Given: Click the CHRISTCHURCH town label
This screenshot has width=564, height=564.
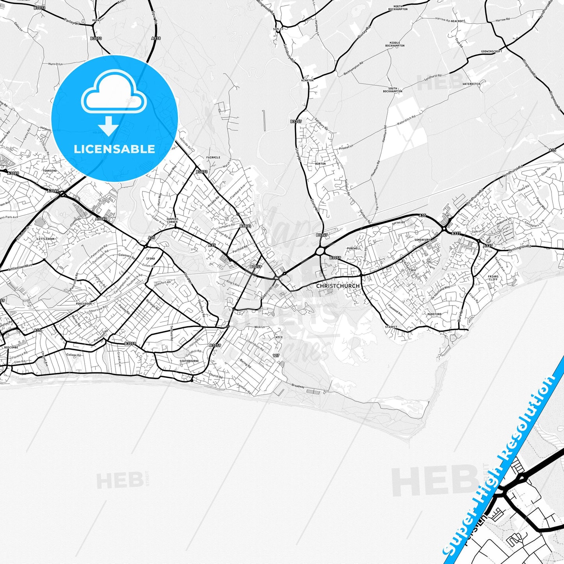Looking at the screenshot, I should tap(338, 286).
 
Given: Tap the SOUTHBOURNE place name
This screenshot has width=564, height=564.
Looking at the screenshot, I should tap(189, 361).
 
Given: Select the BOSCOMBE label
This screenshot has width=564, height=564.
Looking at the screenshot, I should tap(11, 347).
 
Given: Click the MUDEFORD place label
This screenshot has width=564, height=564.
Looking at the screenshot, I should tap(434, 314).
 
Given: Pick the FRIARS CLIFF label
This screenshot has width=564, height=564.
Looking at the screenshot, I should tap(493, 278).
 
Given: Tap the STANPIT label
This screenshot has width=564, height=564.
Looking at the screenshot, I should tap(391, 327).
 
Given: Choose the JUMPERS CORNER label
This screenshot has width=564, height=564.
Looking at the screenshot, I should tap(172, 221).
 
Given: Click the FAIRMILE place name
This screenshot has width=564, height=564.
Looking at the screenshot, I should tap(213, 158).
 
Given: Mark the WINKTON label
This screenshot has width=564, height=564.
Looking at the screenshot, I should tap(307, 80).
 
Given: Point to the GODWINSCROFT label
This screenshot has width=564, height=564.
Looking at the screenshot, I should tap(491, 51).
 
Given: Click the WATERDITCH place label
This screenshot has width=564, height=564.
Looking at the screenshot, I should tap(471, 84).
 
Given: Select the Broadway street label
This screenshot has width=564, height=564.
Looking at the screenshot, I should tap(298, 386).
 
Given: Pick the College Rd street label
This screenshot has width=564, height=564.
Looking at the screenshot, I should tap(73, 355).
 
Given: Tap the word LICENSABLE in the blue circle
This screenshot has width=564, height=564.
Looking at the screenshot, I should tap(114, 149).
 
